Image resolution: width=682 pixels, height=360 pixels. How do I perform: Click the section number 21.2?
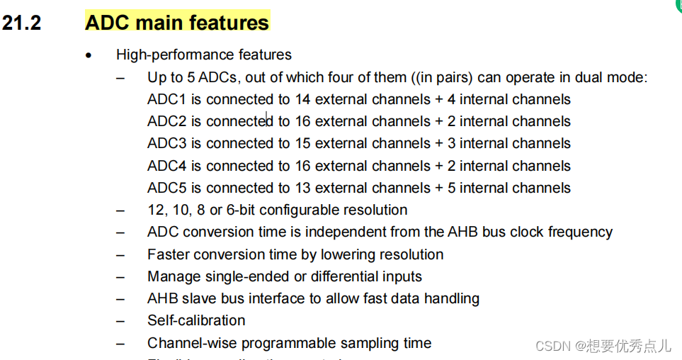21,23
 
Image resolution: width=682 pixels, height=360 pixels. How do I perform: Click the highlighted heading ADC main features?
177,23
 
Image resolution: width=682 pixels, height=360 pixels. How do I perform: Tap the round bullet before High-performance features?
89,55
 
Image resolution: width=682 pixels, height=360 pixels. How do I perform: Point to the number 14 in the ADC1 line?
302,99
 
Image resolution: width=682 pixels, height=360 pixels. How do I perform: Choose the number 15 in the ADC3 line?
302,143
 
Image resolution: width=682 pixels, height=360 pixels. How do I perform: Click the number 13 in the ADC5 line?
302,188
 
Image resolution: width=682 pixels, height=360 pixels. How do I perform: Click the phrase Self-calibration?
196,320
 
